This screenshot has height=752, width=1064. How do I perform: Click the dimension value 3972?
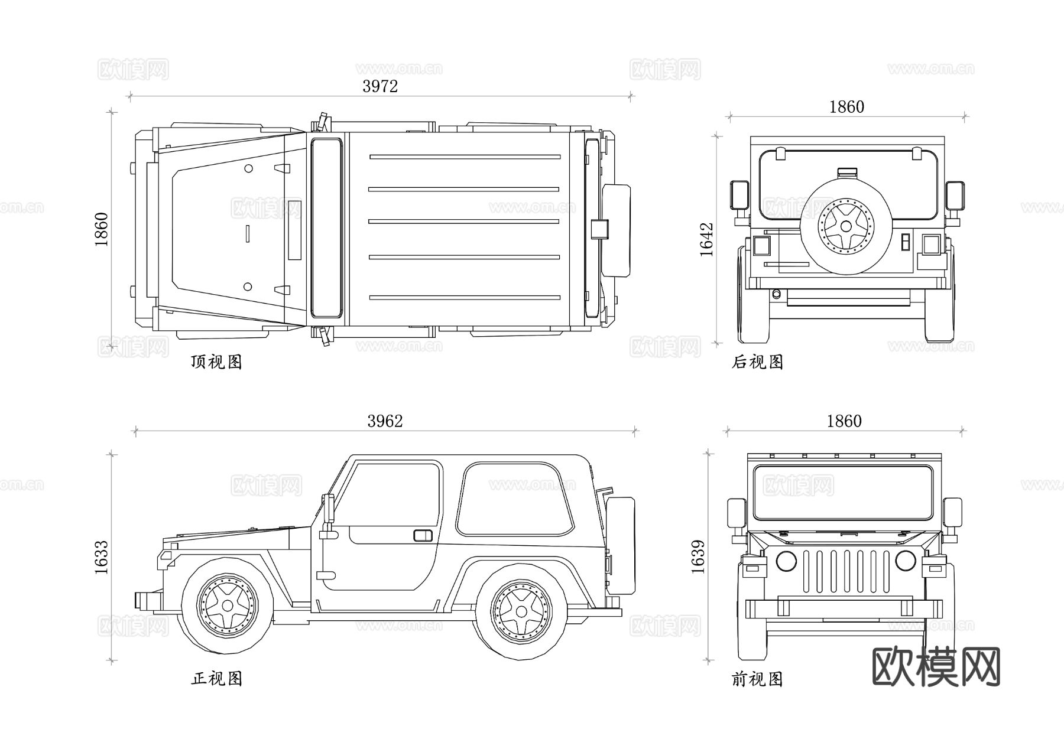(x=380, y=86)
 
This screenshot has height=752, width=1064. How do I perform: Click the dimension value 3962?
(x=385, y=421)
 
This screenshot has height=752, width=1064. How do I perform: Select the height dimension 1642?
(x=707, y=239)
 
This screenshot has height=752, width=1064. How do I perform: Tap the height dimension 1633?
(x=101, y=557)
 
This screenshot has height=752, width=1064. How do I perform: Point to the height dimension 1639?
(x=698, y=556)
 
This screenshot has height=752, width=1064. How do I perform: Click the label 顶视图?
(x=216, y=362)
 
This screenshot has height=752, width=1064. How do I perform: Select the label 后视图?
(x=757, y=362)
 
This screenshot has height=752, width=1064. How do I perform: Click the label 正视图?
(x=216, y=678)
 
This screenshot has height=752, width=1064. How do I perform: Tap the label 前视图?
(x=757, y=679)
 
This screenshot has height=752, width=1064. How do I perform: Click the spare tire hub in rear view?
(x=846, y=226)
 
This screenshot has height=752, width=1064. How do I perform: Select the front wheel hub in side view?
(x=228, y=606)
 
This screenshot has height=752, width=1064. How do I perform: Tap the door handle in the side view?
(x=423, y=536)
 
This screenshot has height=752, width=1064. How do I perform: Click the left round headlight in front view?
(x=786, y=561)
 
